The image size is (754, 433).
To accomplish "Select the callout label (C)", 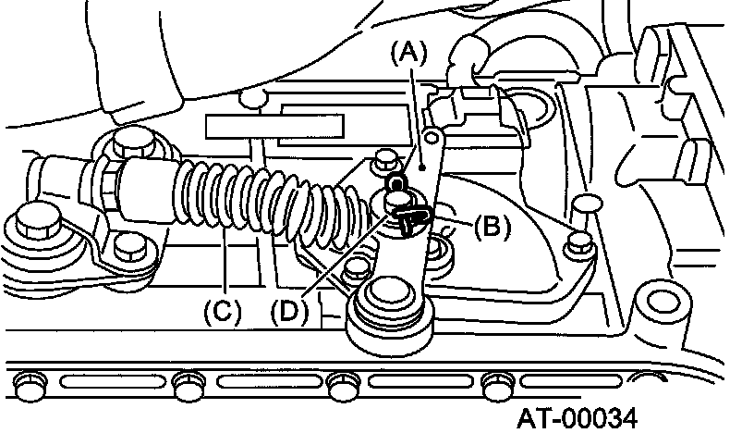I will pyautogui.click(x=223, y=312).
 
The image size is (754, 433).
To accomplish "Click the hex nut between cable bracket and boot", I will pyautogui.click(x=110, y=184).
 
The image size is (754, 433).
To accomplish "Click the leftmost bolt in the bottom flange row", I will pyautogui.click(x=32, y=379).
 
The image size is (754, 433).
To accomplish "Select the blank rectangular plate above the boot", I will pyautogui.click(x=275, y=125).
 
